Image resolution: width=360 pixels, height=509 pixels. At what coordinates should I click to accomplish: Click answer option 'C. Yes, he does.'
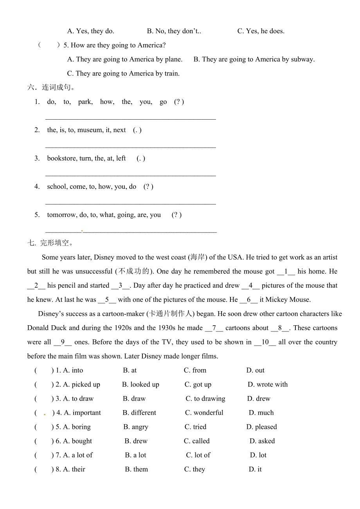[x=261, y=31]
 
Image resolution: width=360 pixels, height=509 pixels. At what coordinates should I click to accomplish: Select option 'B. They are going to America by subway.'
[x=254, y=59]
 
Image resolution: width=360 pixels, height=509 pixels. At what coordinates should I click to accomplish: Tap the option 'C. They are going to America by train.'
[x=123, y=73]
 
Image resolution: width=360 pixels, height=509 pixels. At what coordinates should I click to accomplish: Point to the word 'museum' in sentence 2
[x=90, y=130]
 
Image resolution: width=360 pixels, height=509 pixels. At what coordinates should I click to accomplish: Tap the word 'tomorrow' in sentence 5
[x=61, y=215]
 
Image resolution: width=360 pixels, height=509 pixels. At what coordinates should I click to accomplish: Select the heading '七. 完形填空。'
[x=50, y=243]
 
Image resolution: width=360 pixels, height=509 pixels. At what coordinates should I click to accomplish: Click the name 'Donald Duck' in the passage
[x=47, y=328]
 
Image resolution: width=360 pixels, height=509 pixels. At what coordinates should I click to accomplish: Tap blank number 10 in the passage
[x=265, y=342]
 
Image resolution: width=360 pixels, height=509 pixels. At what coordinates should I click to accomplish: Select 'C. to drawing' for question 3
[x=205, y=399]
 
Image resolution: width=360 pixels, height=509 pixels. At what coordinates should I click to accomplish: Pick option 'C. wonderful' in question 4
[x=204, y=413]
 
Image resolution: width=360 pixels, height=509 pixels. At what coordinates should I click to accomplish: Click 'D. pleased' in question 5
[x=261, y=427]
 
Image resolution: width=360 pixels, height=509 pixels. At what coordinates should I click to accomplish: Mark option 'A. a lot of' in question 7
[x=78, y=455]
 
